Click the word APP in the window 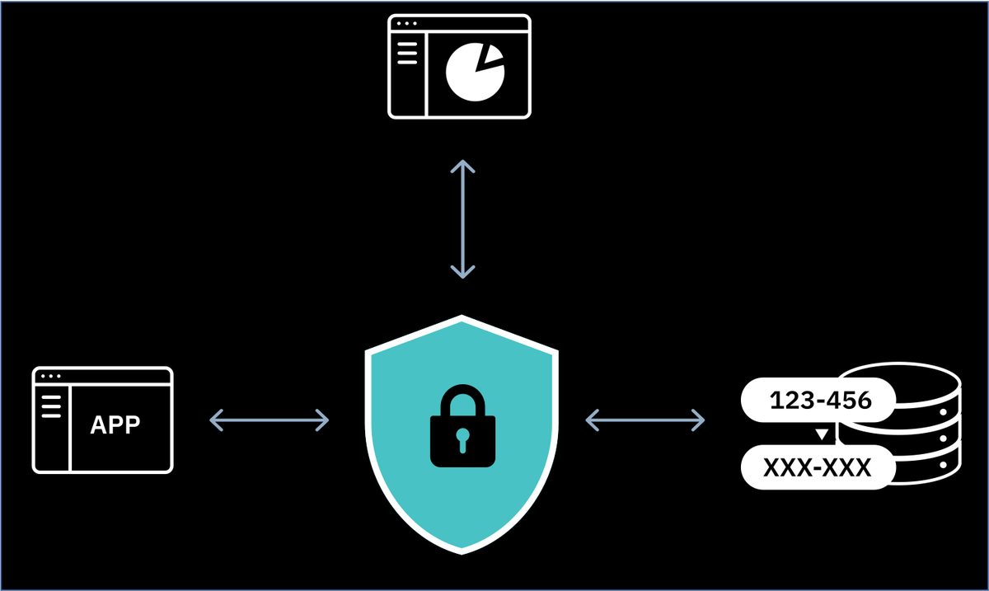115,424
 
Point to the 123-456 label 819,401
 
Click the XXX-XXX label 817,468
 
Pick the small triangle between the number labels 820,434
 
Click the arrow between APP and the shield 270,420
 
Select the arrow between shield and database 644,420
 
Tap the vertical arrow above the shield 462,219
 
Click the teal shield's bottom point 462,547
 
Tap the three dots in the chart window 405,24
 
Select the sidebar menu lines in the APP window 51,406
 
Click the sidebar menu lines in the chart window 407,54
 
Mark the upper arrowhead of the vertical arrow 462,167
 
